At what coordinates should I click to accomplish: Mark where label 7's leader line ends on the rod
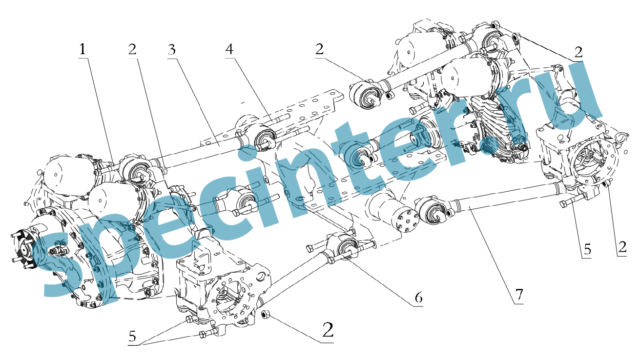(x=469, y=210)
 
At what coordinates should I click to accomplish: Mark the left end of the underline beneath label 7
(x=514, y=304)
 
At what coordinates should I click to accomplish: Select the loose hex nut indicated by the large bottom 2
(x=266, y=315)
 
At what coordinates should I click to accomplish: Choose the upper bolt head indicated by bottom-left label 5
(x=189, y=319)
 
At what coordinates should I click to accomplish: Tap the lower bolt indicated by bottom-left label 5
(x=207, y=333)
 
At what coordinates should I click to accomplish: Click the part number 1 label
(x=83, y=49)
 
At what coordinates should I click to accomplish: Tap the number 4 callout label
(x=229, y=49)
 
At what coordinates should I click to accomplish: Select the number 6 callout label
(x=418, y=298)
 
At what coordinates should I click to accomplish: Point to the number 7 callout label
(x=519, y=295)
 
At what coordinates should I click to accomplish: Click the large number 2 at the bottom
(x=328, y=330)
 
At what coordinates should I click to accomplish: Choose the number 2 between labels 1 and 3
(x=132, y=49)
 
